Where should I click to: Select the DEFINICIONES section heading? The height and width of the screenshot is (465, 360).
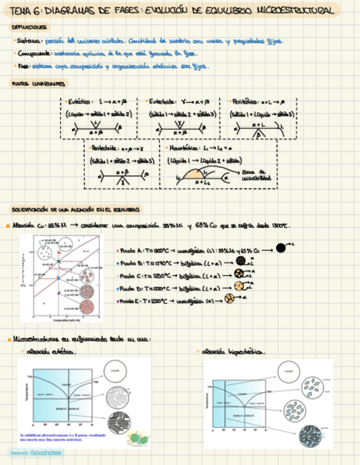[29, 26]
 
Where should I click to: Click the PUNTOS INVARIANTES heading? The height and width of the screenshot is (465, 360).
[39, 84]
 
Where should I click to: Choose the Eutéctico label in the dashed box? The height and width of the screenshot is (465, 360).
[80, 101]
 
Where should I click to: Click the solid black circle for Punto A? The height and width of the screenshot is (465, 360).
[281, 247]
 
